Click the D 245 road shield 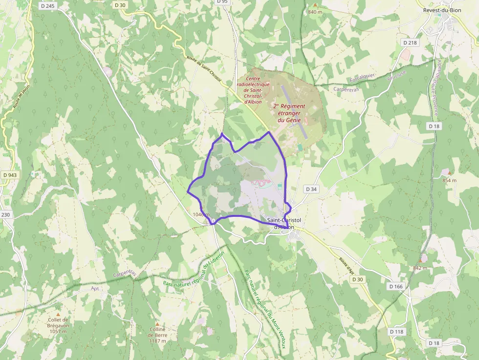[48, 6]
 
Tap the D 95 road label [222, 2]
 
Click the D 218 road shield [410, 43]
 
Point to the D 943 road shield [9, 175]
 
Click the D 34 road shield [311, 189]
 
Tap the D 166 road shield [396, 286]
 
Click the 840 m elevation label [315, 11]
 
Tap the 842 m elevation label [420, 268]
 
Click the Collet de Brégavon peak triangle [58, 315]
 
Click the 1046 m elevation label [201, 214]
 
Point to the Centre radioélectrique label [253, 90]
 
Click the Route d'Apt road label [347, 264]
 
